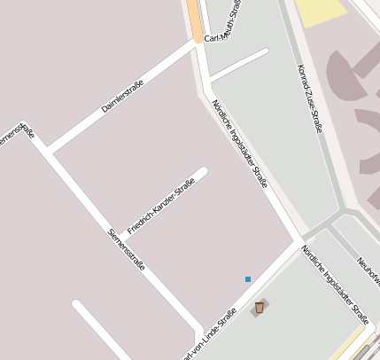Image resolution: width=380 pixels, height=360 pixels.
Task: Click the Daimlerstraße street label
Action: coord(123,95)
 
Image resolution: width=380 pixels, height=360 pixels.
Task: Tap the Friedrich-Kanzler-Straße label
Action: coord(160,206)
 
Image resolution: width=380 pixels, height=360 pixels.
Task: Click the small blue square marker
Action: coord(248,279)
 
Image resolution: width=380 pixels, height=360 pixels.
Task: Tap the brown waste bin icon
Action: coord(259,308)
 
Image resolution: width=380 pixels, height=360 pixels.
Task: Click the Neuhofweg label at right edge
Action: coord(368,270)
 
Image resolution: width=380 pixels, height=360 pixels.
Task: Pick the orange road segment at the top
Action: coord(194,20)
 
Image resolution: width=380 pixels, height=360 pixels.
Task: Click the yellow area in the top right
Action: coord(321,10)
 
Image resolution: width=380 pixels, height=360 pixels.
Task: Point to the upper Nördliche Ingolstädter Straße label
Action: coord(239,143)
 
